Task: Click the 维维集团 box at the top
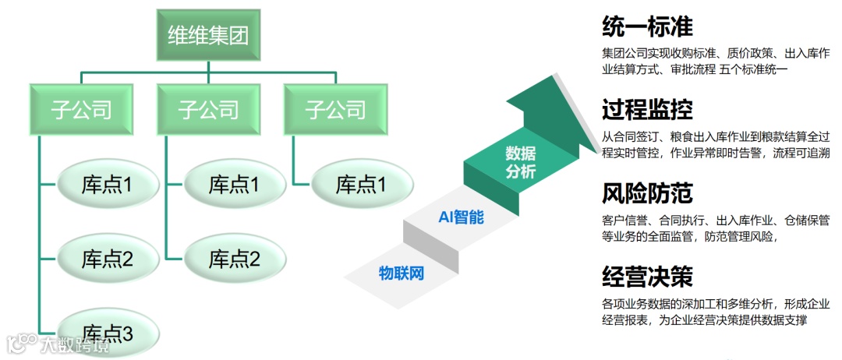click(208, 37)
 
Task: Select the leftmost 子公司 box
click(81, 109)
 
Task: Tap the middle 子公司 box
click(208, 109)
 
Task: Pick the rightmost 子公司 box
click(336, 109)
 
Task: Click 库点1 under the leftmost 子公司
click(108, 185)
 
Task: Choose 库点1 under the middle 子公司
click(235, 185)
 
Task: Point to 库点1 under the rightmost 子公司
click(362, 185)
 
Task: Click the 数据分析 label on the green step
click(520, 161)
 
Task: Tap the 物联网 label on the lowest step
click(401, 274)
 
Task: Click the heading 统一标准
click(648, 26)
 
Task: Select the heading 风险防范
click(648, 192)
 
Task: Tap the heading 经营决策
click(648, 275)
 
